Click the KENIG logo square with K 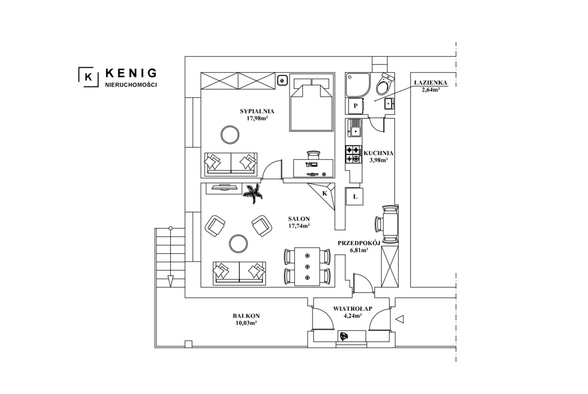pyautogui.click(x=88, y=77)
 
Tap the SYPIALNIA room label pyautogui.click(x=257, y=111)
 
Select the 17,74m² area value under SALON pyautogui.click(x=299, y=226)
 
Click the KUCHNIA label pyautogui.click(x=378, y=153)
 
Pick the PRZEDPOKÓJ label pyautogui.click(x=359, y=243)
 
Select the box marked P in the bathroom pyautogui.click(x=355, y=106)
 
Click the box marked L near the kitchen pyautogui.click(x=355, y=196)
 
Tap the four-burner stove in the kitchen pyautogui.click(x=353, y=154)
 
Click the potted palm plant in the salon pyautogui.click(x=252, y=193)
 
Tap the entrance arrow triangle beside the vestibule pyautogui.click(x=400, y=319)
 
